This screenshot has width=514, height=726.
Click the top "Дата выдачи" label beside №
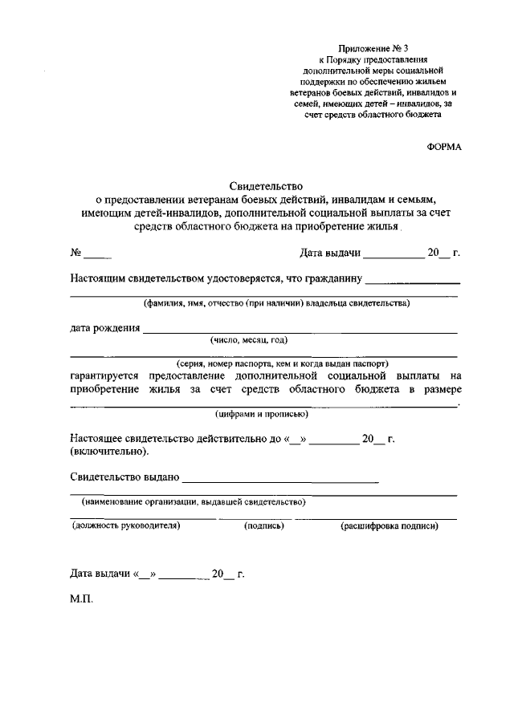[x=328, y=253]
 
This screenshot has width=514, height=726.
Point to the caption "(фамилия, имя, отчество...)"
[x=277, y=303]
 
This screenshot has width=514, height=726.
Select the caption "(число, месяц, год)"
[x=248, y=339]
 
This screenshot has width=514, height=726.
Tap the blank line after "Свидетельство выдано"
[x=281, y=481]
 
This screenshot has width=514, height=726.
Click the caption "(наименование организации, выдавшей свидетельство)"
[x=194, y=501]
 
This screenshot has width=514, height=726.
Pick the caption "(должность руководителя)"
[x=125, y=526]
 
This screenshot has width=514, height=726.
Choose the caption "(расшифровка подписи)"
[x=390, y=526]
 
